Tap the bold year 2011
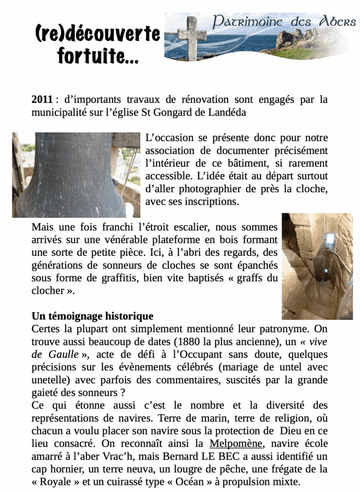point(42,100)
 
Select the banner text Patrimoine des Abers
point(284,22)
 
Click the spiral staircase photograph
point(317,266)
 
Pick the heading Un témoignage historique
point(93,316)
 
